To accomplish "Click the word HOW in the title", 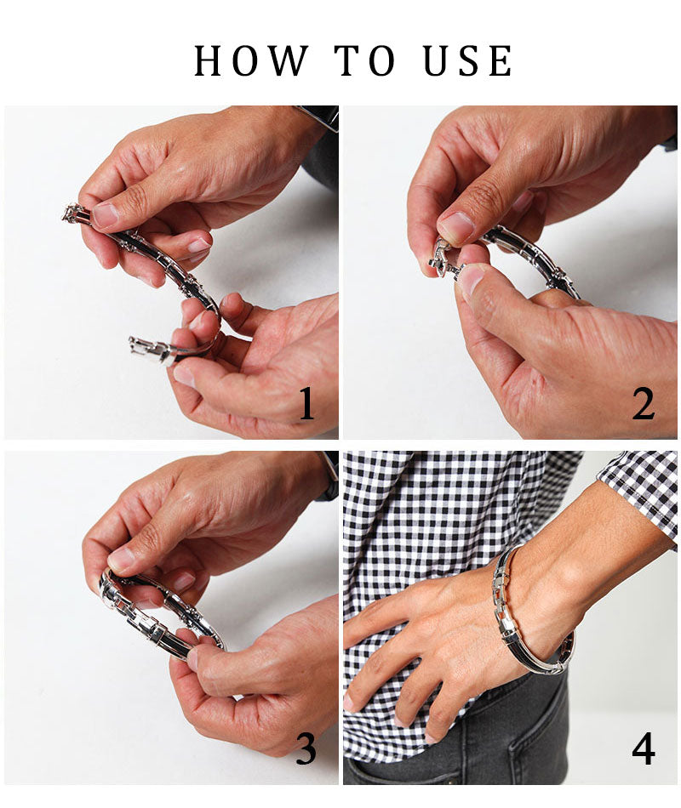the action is click(251, 60).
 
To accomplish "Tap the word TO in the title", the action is click(365, 60).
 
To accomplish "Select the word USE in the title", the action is click(468, 60).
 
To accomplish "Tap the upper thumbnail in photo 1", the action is click(107, 215).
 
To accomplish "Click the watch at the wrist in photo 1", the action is click(320, 117).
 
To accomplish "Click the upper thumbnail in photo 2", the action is click(456, 226).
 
